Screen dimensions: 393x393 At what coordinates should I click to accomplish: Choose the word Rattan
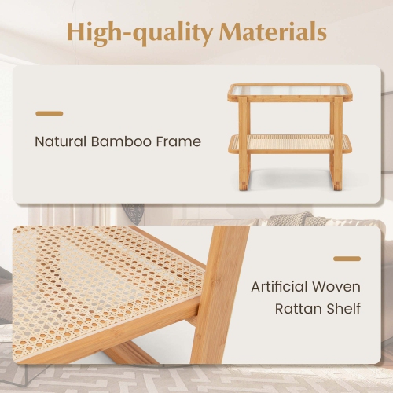(x=297, y=307)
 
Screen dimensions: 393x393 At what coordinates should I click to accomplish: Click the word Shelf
(x=343, y=307)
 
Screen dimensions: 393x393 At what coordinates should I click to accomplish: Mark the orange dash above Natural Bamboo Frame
(x=49, y=114)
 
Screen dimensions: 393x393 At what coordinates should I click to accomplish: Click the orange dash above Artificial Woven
(x=347, y=258)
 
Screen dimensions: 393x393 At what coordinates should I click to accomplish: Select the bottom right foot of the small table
(x=338, y=185)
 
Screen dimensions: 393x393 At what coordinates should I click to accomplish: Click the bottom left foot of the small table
(x=244, y=185)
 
